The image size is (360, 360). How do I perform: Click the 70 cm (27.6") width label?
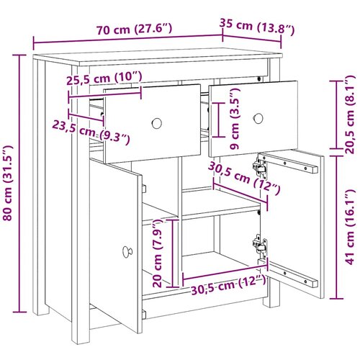[135, 29]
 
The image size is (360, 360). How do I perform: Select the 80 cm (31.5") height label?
[7, 183]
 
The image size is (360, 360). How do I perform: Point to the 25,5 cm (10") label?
[104, 78]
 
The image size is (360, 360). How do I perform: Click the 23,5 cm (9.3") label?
[91, 133]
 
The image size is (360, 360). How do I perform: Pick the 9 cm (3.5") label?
[235, 119]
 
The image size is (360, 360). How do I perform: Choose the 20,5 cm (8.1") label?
[349, 114]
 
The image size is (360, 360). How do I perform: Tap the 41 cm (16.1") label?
[349, 227]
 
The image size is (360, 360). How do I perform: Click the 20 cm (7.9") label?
[158, 253]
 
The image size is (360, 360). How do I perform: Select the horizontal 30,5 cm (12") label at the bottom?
[228, 284]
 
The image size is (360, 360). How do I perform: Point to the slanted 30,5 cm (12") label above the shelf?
[244, 178]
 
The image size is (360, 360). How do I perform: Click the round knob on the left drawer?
[157, 123]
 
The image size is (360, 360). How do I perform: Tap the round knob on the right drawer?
[258, 118]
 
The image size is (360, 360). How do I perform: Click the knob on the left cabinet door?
[127, 251]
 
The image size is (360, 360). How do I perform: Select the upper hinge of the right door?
[260, 166]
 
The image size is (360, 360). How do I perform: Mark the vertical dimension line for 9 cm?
[218, 120]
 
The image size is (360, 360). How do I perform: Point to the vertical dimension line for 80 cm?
[19, 184]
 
